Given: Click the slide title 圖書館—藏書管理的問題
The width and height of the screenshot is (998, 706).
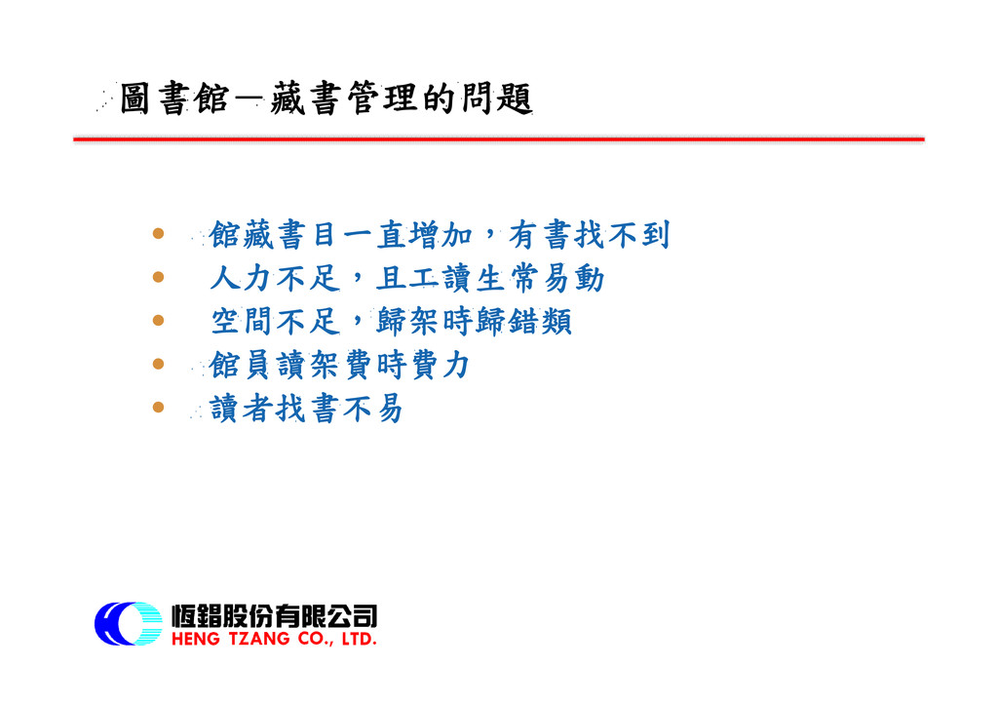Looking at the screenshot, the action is [x=326, y=98].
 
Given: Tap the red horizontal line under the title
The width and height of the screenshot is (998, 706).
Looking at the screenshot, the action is [x=499, y=138].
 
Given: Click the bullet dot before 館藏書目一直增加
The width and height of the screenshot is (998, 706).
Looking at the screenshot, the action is [x=159, y=234].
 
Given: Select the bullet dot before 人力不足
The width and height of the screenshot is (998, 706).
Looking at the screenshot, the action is [x=159, y=277].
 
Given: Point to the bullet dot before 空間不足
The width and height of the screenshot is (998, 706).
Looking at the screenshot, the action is [x=159, y=320].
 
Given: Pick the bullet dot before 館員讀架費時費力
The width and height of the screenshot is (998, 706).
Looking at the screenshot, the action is [x=159, y=364].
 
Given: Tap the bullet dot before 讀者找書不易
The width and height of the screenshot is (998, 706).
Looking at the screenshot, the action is [x=159, y=407].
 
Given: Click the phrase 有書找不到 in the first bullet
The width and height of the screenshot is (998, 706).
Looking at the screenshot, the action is [x=590, y=235].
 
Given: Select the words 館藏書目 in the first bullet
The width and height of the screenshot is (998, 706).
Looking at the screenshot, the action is [x=273, y=235].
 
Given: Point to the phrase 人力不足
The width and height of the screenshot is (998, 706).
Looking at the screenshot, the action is [x=275, y=278].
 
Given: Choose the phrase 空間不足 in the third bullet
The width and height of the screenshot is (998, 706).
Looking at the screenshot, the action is [x=275, y=322].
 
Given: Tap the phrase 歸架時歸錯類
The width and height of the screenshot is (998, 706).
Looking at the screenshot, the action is [x=475, y=322].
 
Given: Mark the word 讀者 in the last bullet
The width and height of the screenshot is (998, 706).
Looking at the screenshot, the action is [x=242, y=408].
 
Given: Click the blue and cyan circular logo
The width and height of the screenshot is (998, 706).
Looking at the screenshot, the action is [x=129, y=623].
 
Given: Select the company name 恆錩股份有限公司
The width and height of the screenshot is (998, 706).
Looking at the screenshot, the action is [x=274, y=615].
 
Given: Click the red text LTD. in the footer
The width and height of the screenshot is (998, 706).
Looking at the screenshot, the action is [x=359, y=639].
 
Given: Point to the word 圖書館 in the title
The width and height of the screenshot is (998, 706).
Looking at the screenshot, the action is [x=173, y=98].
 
